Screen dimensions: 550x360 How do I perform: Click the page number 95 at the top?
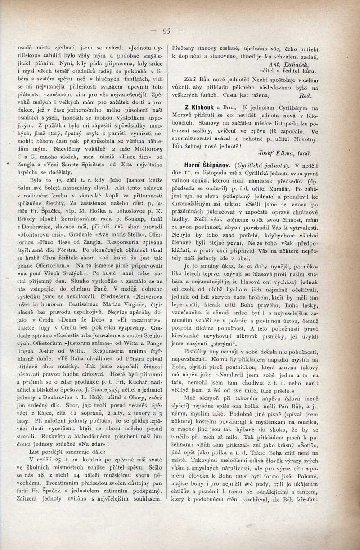[x=166, y=31]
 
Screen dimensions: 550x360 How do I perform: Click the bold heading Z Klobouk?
[x=198, y=108]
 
